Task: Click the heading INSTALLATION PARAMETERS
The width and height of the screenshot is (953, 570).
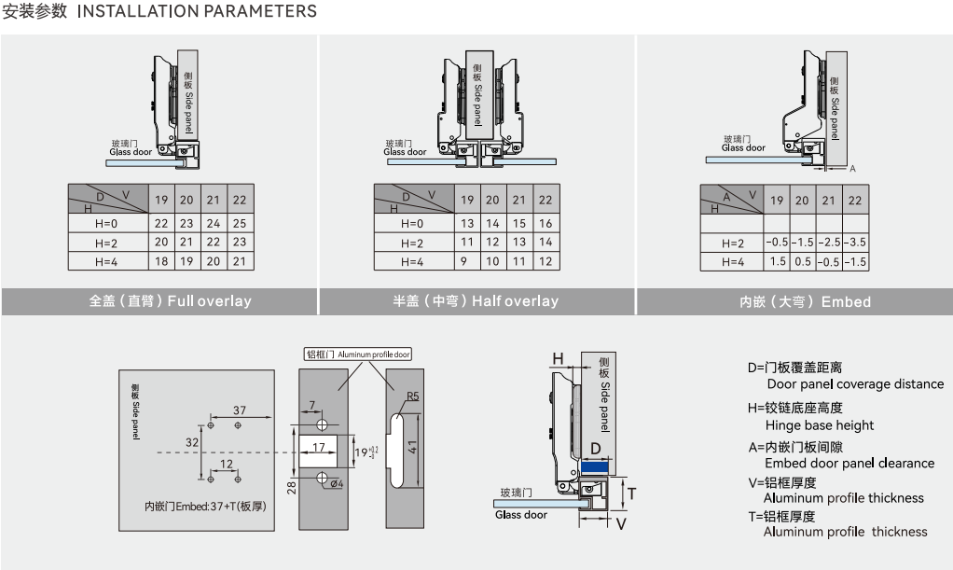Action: pyautogui.click(x=197, y=11)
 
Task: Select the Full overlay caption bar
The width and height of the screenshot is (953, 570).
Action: pyautogui.click(x=159, y=301)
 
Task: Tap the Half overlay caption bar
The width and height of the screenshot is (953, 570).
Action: pyautogui.click(x=476, y=301)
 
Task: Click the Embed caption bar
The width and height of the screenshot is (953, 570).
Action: pyautogui.click(x=794, y=301)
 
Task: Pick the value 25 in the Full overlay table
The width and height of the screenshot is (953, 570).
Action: pyautogui.click(x=240, y=223)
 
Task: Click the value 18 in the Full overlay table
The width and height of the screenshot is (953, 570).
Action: pyautogui.click(x=161, y=261)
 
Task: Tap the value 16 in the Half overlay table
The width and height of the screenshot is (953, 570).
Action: pyautogui.click(x=546, y=223)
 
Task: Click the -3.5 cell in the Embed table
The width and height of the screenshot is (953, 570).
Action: pyautogui.click(x=855, y=242)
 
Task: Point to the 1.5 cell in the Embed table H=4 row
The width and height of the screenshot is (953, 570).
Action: pyautogui.click(x=777, y=261)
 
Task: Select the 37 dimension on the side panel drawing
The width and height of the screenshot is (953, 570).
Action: pyautogui.click(x=240, y=410)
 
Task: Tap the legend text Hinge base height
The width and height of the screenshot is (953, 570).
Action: pyautogui.click(x=819, y=425)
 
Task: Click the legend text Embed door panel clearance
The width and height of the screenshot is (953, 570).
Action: pyautogui.click(x=849, y=463)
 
